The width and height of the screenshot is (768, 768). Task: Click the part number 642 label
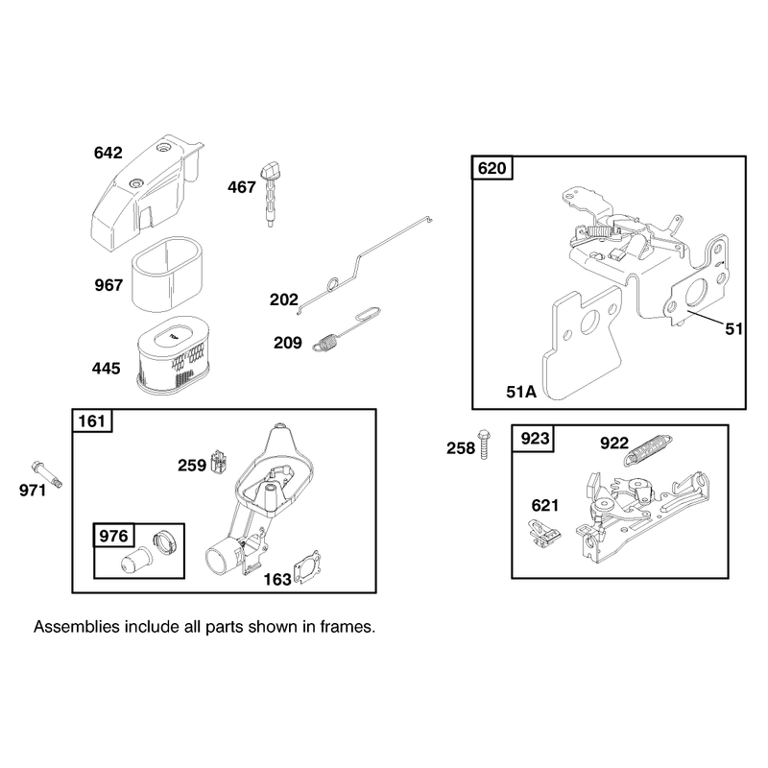coord(108,153)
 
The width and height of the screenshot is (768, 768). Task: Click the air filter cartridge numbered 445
coord(173,353)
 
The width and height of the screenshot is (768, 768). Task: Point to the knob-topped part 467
coord(269,195)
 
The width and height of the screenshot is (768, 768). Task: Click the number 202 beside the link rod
coord(283,300)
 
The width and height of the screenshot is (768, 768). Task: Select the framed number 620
coord(492,168)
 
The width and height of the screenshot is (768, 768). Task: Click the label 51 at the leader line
coord(733,328)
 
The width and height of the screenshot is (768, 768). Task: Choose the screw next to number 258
coord(485,444)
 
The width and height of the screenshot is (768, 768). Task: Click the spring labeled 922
coord(649,449)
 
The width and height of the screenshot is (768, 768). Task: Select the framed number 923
coord(535,438)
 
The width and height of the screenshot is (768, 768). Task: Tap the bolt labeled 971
coord(47,474)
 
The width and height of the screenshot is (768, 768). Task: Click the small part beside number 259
coord(219,462)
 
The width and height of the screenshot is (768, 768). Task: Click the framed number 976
coord(113,536)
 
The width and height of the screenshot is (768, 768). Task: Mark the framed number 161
coord(91,421)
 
